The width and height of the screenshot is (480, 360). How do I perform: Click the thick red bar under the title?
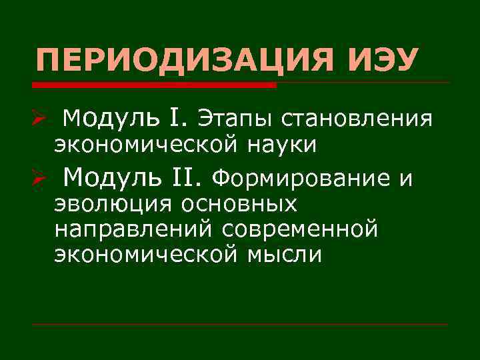point(153,85)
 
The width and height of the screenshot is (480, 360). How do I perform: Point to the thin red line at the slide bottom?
point(240,325)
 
